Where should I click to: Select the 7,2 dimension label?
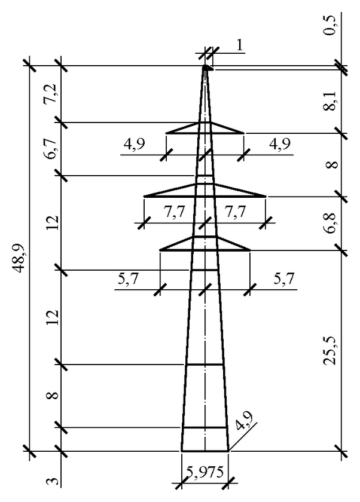tap(53, 94)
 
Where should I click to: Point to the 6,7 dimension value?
tap(53, 149)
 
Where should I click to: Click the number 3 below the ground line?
tap(53, 480)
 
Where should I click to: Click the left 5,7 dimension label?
tap(129, 280)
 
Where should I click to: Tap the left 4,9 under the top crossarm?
tap(136, 145)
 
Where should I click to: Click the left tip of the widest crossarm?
tap(145, 195)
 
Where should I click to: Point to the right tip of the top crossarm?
tap(243, 133)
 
